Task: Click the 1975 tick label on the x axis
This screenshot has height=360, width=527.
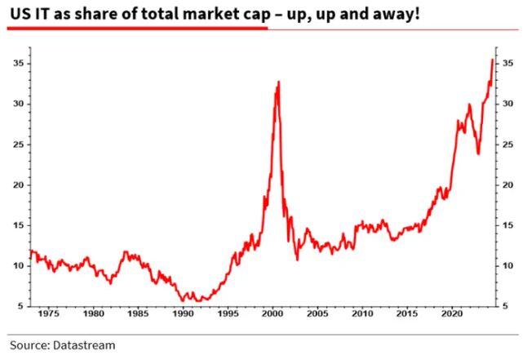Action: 48,313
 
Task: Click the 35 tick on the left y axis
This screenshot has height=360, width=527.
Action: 17,63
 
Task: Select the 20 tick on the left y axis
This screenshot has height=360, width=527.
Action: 17,184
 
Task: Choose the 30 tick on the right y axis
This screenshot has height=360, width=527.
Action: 507,104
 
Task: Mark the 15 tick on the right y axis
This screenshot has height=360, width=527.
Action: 507,225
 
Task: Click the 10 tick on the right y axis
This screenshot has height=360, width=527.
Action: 507,266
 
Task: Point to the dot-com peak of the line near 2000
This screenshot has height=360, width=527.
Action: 278,82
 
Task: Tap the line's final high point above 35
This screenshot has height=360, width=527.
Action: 492,60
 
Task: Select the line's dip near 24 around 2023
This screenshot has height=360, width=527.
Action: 478,153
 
